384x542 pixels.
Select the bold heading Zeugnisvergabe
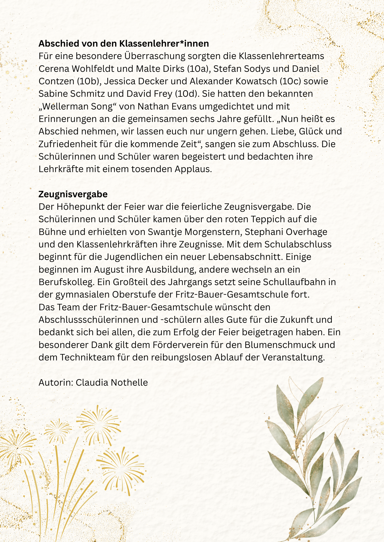tap(73, 194)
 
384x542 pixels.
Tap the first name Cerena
tap(53, 69)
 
